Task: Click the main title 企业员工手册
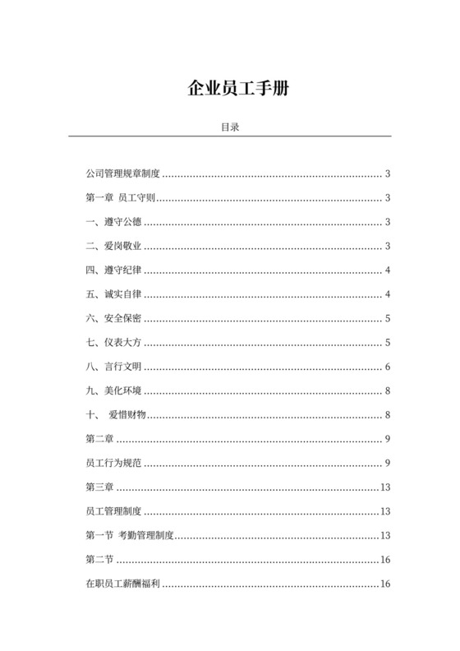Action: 229,89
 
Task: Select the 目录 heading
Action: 229,127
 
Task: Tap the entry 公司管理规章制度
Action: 122,174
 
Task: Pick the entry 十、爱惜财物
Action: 116,415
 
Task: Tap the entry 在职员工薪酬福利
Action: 122,584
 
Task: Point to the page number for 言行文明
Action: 387,367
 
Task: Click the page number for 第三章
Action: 384,487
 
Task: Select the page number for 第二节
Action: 384,560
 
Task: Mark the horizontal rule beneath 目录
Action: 229,136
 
